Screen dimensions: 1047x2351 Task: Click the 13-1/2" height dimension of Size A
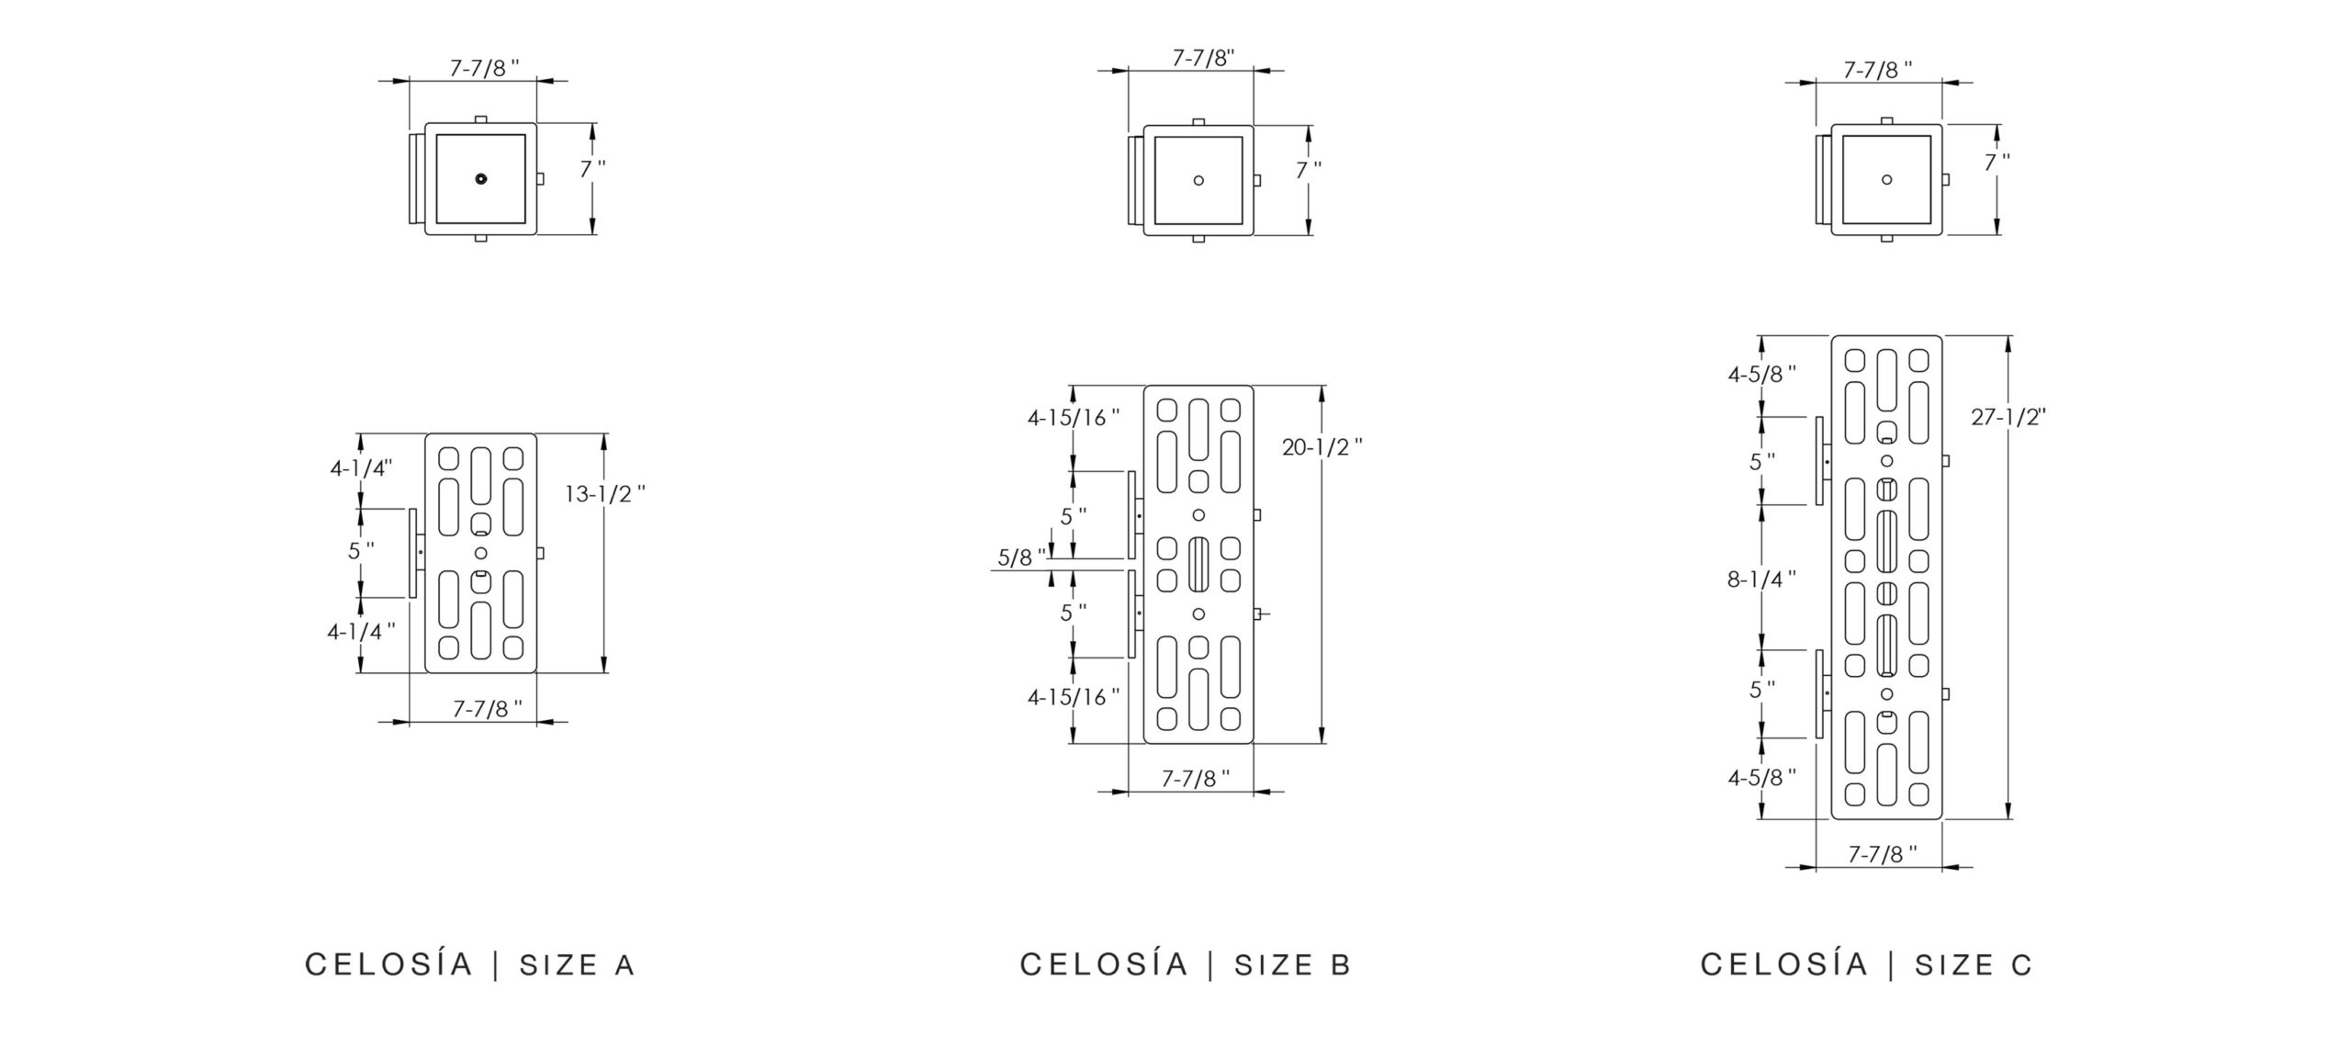(603, 494)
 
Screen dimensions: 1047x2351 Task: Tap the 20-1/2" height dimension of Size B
(1322, 447)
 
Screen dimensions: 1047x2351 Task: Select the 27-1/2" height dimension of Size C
(2008, 417)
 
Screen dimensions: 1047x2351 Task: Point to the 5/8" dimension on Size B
(1020, 557)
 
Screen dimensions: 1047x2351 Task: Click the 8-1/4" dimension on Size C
(1760, 580)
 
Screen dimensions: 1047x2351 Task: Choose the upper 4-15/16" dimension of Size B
(1073, 418)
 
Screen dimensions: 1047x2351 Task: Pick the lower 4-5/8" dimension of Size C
(1761, 778)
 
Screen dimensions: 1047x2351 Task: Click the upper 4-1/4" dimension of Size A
(361, 468)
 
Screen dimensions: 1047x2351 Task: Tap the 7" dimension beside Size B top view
(1308, 170)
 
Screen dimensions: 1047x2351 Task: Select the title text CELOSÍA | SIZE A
(470, 964)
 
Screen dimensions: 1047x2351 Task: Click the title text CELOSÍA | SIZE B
(1186, 964)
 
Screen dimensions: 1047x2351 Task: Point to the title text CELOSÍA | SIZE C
(1866, 964)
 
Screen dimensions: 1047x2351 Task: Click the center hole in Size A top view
(480, 179)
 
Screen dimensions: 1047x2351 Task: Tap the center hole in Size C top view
(1886, 179)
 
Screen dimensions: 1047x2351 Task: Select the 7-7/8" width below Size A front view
(487, 709)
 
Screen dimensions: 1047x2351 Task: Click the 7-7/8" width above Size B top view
(1203, 58)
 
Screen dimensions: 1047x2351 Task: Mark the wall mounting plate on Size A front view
(413, 553)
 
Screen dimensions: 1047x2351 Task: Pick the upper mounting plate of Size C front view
(1818, 460)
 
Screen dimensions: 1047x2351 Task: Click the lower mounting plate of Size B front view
(1131, 614)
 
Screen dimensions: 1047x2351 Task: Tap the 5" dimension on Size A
(360, 552)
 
